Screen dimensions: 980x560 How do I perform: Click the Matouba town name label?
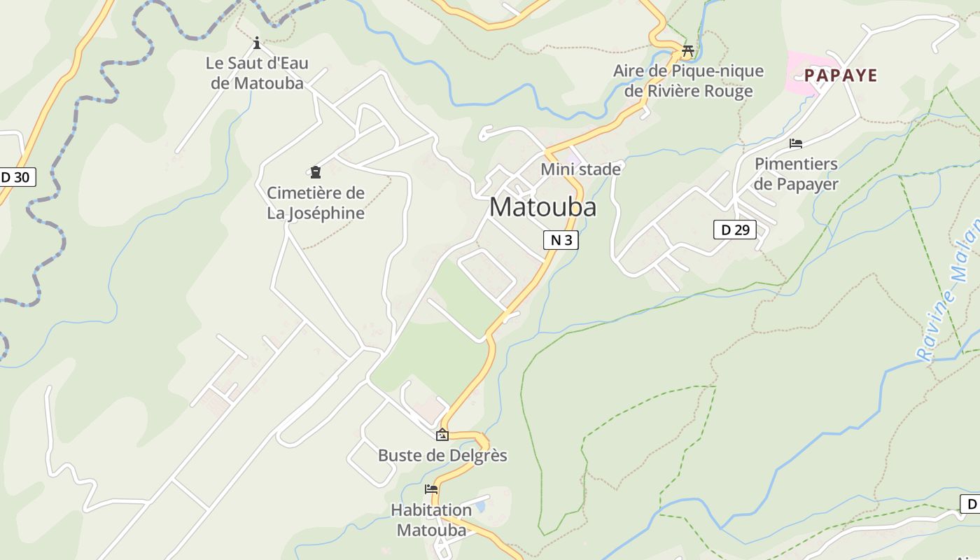coord(542,207)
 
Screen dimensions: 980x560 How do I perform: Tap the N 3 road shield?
coord(561,240)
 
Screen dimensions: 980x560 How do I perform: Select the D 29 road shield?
coord(735,229)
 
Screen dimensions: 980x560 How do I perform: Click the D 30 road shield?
coord(15,177)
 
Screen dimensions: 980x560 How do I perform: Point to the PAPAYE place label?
coord(840,76)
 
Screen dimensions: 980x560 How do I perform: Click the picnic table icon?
coord(687,50)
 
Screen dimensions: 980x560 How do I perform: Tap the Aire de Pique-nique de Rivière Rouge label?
coord(688,80)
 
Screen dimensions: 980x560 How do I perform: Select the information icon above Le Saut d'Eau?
coord(257,43)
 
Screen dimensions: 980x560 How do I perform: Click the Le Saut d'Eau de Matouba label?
coord(257,73)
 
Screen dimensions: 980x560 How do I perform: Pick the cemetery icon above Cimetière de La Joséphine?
coord(316,171)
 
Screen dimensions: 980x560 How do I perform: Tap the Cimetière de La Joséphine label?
coord(316,202)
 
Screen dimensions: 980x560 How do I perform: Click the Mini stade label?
coord(580,169)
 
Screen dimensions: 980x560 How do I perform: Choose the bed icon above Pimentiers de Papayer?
coord(796,143)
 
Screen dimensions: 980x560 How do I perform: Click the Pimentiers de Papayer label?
coord(796,174)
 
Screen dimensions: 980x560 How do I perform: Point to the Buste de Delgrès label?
coord(442,455)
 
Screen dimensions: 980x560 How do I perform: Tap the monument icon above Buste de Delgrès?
coord(442,435)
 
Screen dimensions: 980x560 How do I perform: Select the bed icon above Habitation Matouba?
coord(431,489)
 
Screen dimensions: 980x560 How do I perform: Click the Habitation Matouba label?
coord(431,519)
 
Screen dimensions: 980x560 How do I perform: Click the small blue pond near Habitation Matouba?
coord(479,505)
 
